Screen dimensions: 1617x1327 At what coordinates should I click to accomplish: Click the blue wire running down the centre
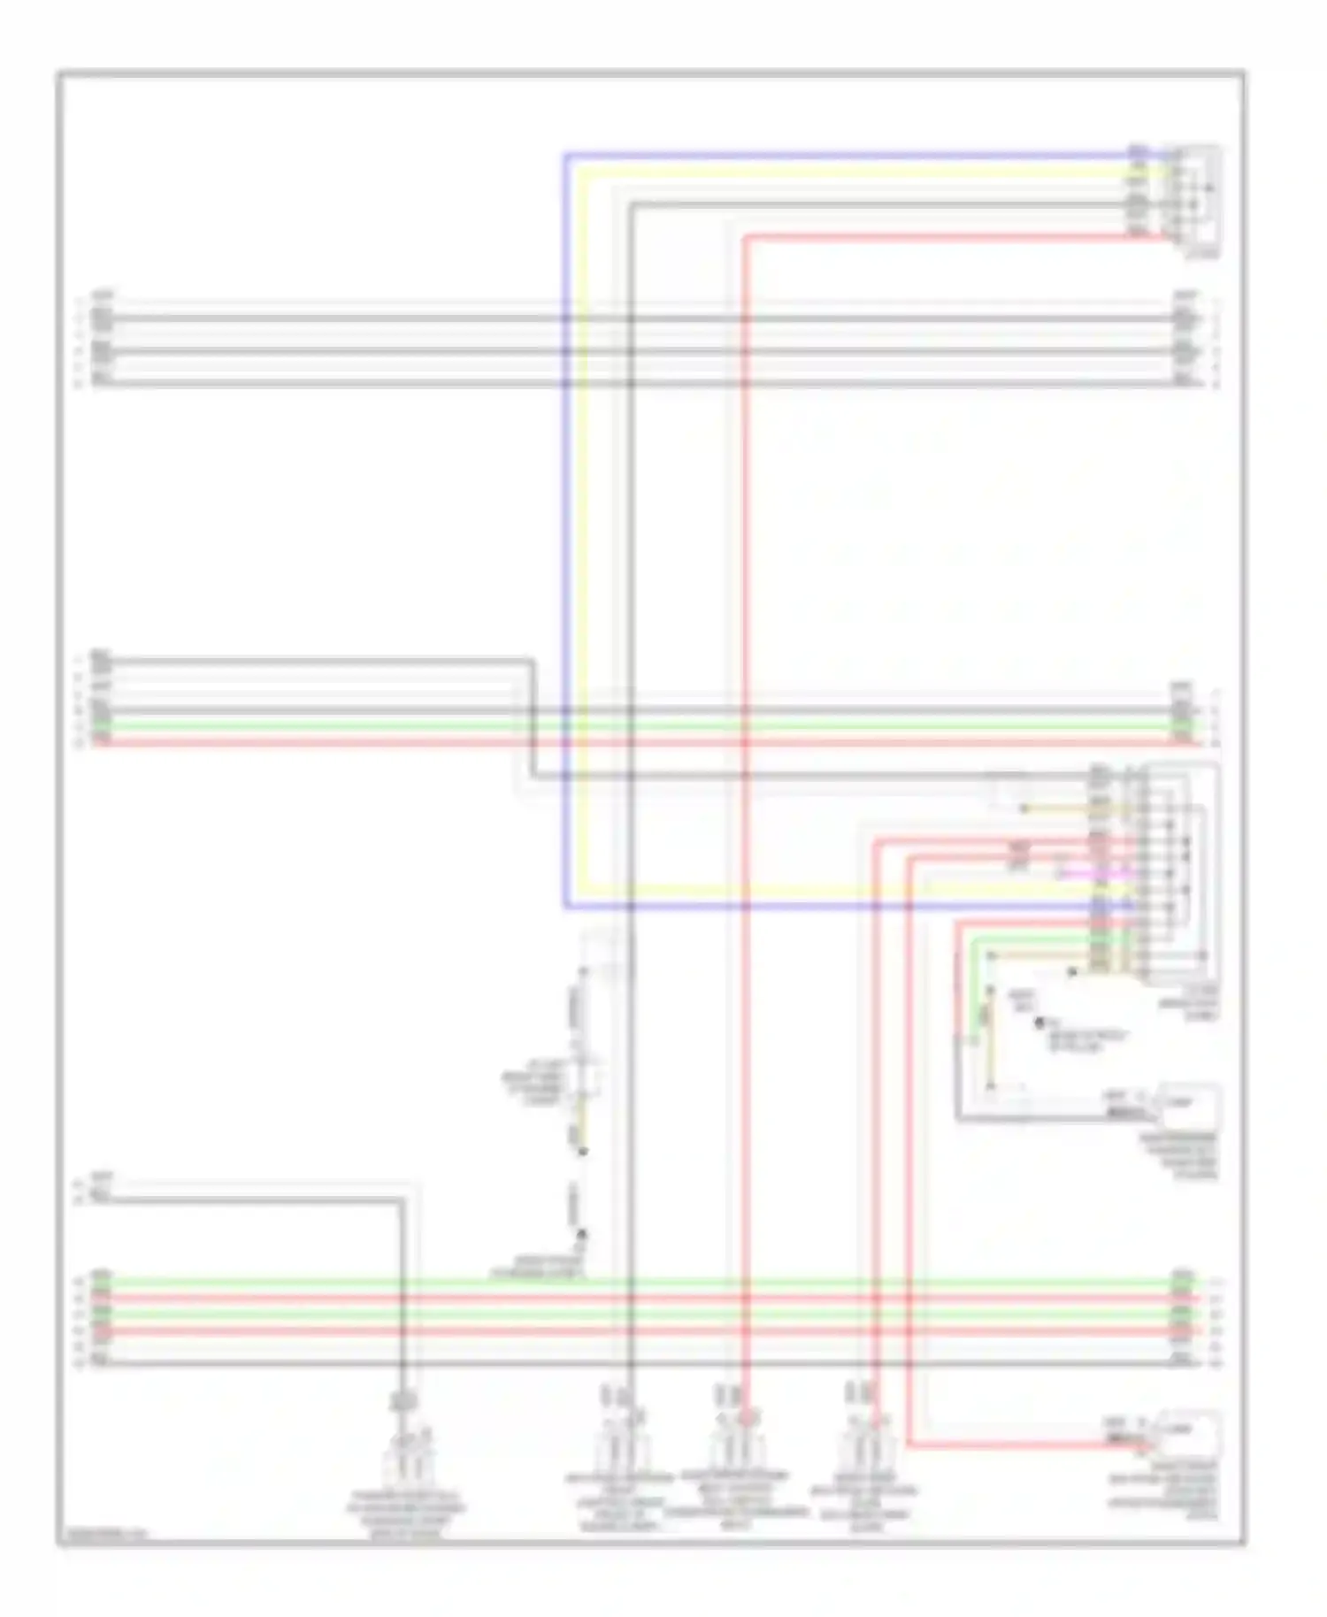(x=565, y=531)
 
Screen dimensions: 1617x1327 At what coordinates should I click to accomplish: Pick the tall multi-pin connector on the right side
(x=1141, y=871)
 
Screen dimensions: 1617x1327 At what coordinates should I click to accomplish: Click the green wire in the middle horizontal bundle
(x=619, y=725)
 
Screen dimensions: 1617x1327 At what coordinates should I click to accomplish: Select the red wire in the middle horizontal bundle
(x=619, y=741)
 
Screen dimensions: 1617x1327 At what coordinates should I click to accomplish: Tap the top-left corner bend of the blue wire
(x=565, y=155)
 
